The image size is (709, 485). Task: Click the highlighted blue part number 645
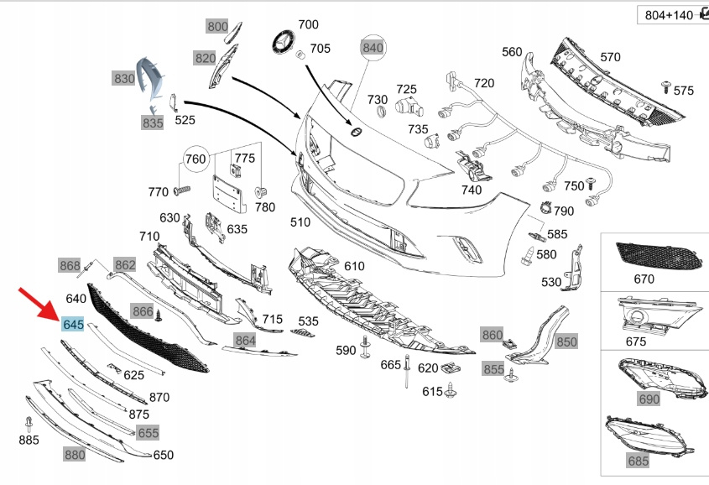pyautogui.click(x=73, y=324)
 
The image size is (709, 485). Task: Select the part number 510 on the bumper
pyautogui.click(x=300, y=222)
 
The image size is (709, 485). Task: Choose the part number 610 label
pyautogui.click(x=354, y=266)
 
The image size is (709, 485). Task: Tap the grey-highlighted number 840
pyautogui.click(x=372, y=48)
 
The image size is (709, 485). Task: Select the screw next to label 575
pyautogui.click(x=666, y=86)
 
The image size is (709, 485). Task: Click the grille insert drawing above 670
pyautogui.click(x=654, y=253)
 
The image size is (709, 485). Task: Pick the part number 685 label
pyautogui.click(x=639, y=461)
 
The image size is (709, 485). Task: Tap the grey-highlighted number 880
pyautogui.click(x=75, y=454)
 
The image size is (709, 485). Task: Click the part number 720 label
pyautogui.click(x=484, y=83)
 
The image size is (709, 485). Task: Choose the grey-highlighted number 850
pyautogui.click(x=567, y=342)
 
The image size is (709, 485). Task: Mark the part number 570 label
pyautogui.click(x=610, y=57)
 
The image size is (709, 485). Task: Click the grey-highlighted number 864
pyautogui.click(x=245, y=340)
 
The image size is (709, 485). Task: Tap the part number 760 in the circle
pyautogui.click(x=195, y=159)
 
